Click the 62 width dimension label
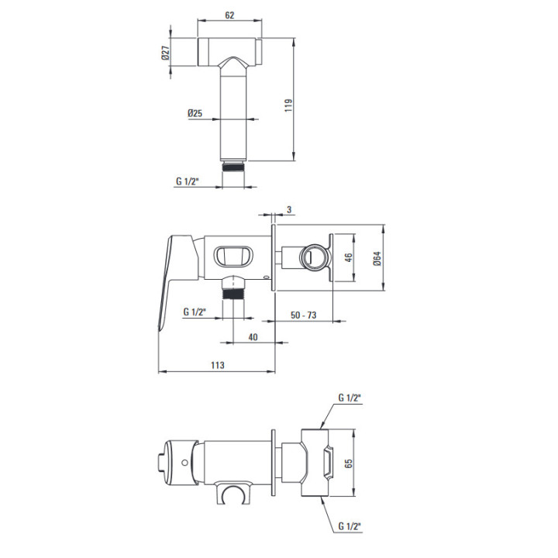pyautogui.click(x=229, y=15)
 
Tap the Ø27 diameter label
pyautogui.click(x=166, y=53)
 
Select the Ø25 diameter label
pyautogui.click(x=195, y=113)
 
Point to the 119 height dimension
pyautogui.click(x=288, y=105)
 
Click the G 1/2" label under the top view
pyautogui.click(x=187, y=181)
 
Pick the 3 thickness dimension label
pyautogui.click(x=289, y=209)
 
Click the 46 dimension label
pyautogui.click(x=349, y=257)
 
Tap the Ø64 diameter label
pyautogui.click(x=377, y=258)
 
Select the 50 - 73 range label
pyautogui.click(x=303, y=315)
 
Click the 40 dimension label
pyautogui.click(x=253, y=336)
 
